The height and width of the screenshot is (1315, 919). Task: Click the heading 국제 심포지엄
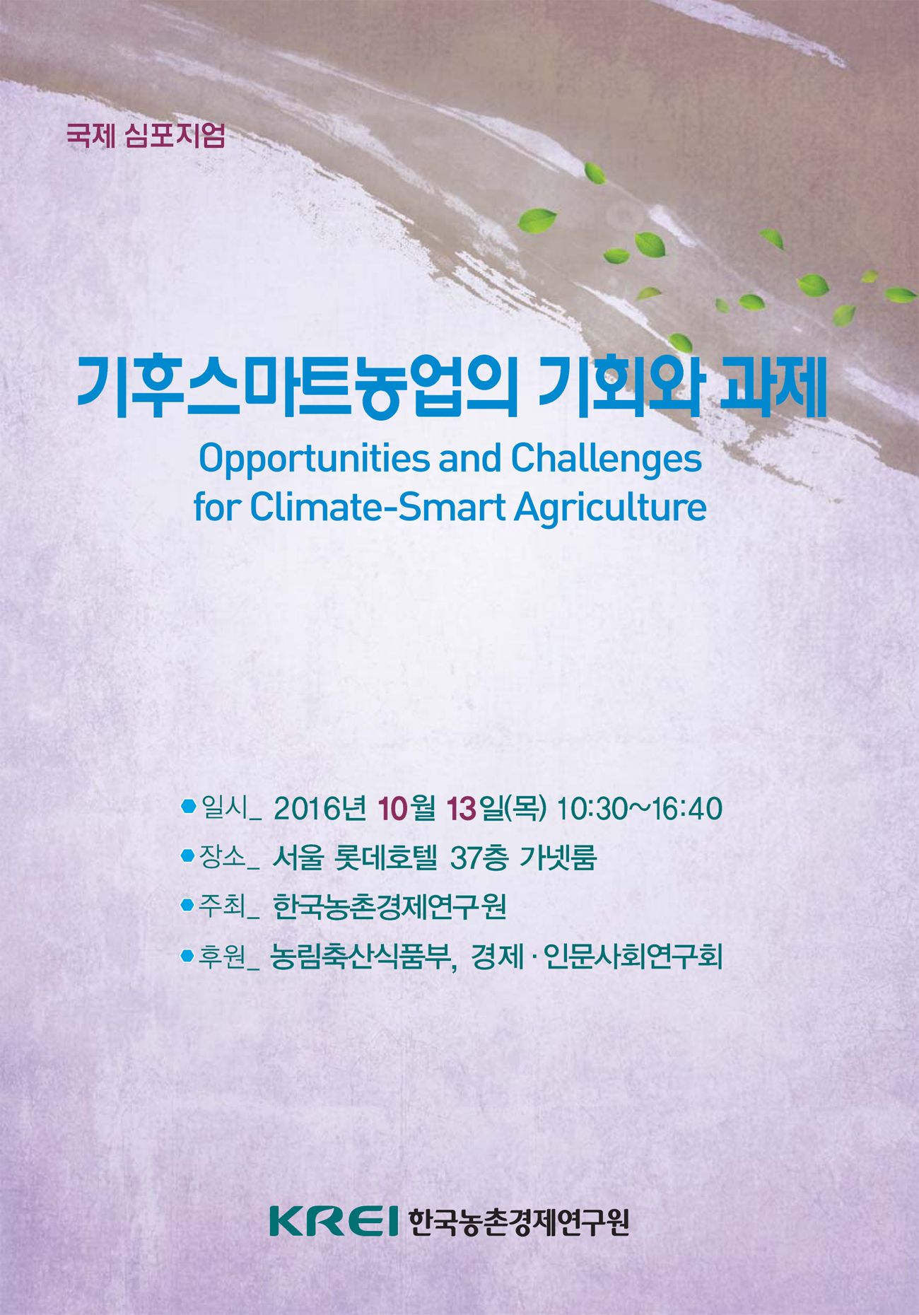point(146,135)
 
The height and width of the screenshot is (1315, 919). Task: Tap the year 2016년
point(320,809)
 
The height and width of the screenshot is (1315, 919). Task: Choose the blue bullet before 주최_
point(187,905)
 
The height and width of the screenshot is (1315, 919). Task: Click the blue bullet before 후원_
point(187,956)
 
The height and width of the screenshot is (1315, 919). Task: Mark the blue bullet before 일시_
point(188,806)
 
